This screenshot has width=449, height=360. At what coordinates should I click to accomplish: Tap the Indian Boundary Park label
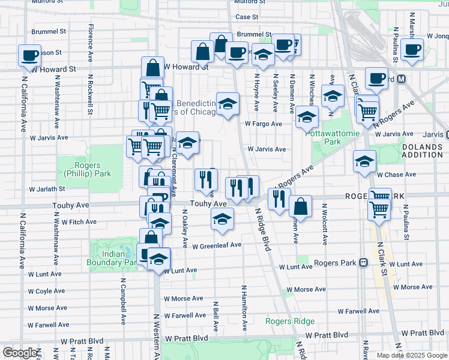point(113,258)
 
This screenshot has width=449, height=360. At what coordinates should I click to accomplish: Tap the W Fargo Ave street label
point(263,124)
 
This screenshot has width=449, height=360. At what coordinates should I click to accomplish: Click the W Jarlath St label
point(46,188)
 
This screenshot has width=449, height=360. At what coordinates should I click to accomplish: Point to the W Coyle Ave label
point(47,291)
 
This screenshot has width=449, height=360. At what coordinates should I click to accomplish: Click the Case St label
point(247,17)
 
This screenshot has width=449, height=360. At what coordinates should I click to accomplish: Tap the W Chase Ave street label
point(396,175)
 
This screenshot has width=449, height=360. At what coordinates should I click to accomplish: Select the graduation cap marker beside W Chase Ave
point(364,161)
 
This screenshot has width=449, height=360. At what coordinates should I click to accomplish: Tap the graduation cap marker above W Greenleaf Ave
point(222,219)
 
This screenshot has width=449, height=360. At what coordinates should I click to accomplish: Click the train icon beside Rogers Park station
point(363,263)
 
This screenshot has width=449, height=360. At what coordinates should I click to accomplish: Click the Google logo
point(19,353)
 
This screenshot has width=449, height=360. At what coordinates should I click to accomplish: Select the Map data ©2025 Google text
point(412,355)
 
